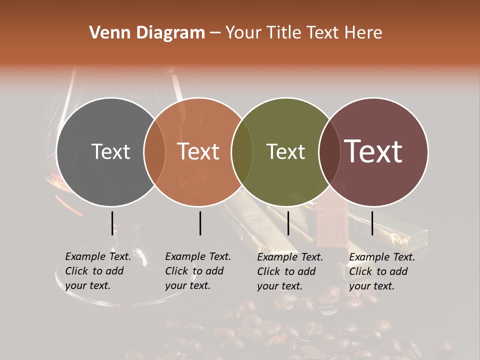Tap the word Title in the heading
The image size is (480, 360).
tap(283, 33)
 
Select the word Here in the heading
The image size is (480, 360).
tap(363, 33)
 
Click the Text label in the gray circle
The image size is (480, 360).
tap(110, 151)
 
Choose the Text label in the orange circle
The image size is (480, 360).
tap(198, 151)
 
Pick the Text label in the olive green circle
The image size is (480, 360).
tap(285, 151)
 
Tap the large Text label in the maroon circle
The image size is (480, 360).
tap(373, 151)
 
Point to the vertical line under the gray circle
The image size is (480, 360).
tap(112, 223)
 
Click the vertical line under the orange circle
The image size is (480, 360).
tap(200, 223)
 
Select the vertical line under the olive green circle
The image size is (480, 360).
tap(288, 223)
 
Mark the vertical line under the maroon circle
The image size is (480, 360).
tap(372, 223)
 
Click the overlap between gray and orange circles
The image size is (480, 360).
tap(154, 151)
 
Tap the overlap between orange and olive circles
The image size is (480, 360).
tap(242, 151)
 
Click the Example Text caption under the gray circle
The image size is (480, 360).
tap(97, 271)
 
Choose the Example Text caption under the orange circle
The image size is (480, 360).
tap(197, 271)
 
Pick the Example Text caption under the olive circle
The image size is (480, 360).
tap(289, 271)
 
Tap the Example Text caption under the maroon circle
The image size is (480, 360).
tap(381, 271)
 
